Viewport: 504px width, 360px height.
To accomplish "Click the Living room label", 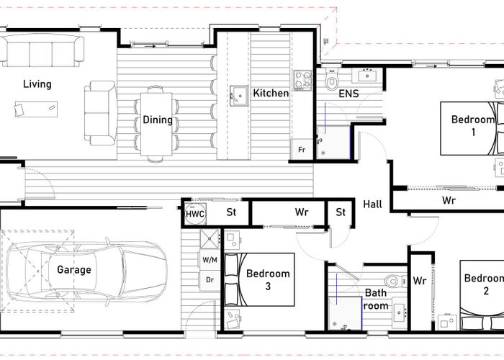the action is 37,84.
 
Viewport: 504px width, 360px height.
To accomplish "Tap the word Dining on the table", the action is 158,120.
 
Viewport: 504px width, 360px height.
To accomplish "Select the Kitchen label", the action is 271,93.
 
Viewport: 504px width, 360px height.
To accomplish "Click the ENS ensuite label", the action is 348,94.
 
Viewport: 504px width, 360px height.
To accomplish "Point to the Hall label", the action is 372,204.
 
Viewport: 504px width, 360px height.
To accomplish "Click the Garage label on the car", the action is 74,270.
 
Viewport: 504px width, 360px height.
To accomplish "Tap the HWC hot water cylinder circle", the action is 195,214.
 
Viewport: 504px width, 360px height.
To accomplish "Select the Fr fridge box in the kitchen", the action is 302,150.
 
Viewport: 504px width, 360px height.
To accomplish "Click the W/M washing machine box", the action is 210,260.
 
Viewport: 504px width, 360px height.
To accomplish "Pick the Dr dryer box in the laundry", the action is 210,280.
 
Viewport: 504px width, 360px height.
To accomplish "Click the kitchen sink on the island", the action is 239,96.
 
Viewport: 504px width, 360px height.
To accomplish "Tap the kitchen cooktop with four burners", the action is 302,80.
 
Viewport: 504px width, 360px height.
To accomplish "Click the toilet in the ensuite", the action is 332,79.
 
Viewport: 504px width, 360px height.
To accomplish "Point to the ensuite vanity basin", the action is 367,75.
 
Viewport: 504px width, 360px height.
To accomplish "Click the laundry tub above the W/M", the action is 210,239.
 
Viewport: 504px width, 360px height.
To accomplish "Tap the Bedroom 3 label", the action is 268,279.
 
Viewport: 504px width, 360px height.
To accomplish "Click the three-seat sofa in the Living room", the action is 42,50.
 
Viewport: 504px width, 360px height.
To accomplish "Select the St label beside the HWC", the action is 231,212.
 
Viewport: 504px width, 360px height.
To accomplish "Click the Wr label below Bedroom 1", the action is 449,201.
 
